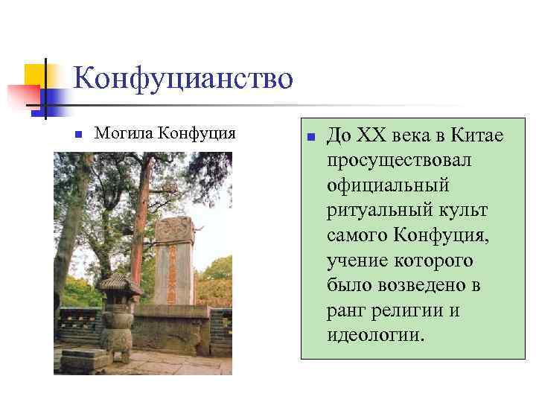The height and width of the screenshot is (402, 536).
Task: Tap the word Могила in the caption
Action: pos(123,133)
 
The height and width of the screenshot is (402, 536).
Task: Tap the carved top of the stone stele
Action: pos(175,229)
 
